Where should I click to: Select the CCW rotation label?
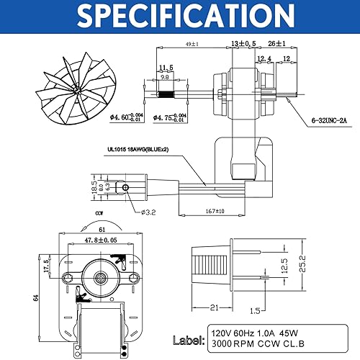[100, 214]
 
